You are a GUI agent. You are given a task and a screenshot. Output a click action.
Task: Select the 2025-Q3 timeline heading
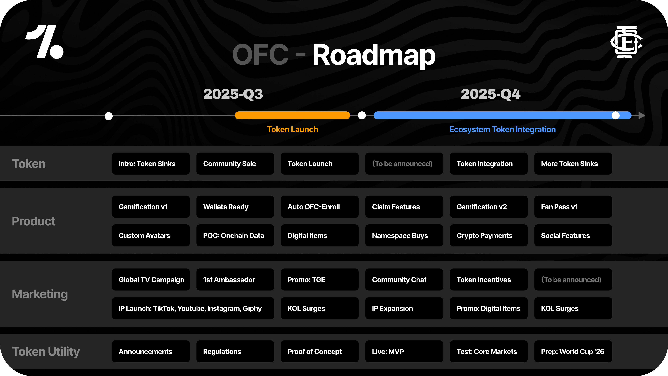233,94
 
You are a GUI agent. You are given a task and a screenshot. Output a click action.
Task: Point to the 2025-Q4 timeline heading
491,94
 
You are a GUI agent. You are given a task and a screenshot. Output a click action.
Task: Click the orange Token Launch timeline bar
293,116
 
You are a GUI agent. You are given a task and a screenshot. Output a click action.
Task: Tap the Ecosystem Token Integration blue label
502,129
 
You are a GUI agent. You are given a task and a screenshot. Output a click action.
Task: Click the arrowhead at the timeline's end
642,116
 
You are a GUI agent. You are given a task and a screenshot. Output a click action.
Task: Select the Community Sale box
235,164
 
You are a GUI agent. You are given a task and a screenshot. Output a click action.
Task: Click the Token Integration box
489,164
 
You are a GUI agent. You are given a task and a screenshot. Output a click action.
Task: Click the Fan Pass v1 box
573,207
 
